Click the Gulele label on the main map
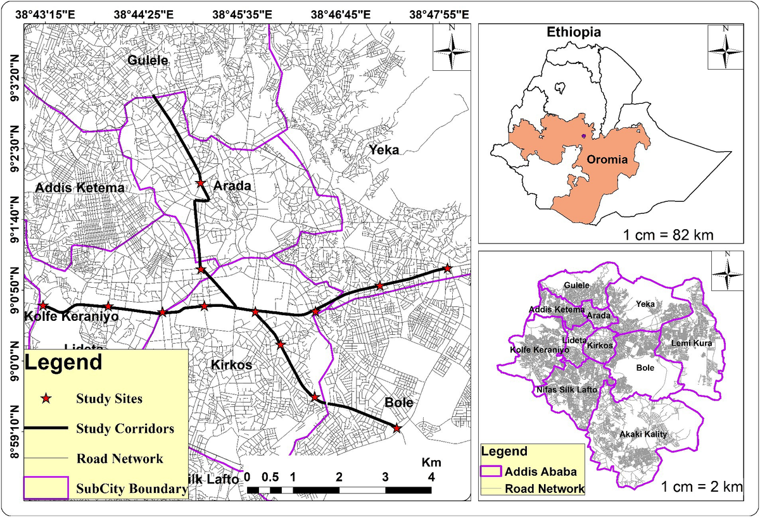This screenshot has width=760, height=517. click(x=148, y=61)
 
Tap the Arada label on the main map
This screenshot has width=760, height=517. click(x=232, y=186)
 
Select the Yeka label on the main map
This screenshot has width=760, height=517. click(x=384, y=150)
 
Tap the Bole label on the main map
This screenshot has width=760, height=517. click(x=398, y=402)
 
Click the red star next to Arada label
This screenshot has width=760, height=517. click(x=200, y=183)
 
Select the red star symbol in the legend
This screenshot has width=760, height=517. click(x=45, y=399)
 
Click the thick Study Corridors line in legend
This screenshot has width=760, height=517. click(x=45, y=428)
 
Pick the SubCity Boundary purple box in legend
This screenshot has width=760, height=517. click(x=45, y=488)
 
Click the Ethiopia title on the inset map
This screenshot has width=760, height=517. click(x=574, y=32)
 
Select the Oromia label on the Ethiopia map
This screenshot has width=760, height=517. click(x=606, y=159)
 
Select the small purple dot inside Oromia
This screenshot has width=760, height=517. click(x=583, y=135)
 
